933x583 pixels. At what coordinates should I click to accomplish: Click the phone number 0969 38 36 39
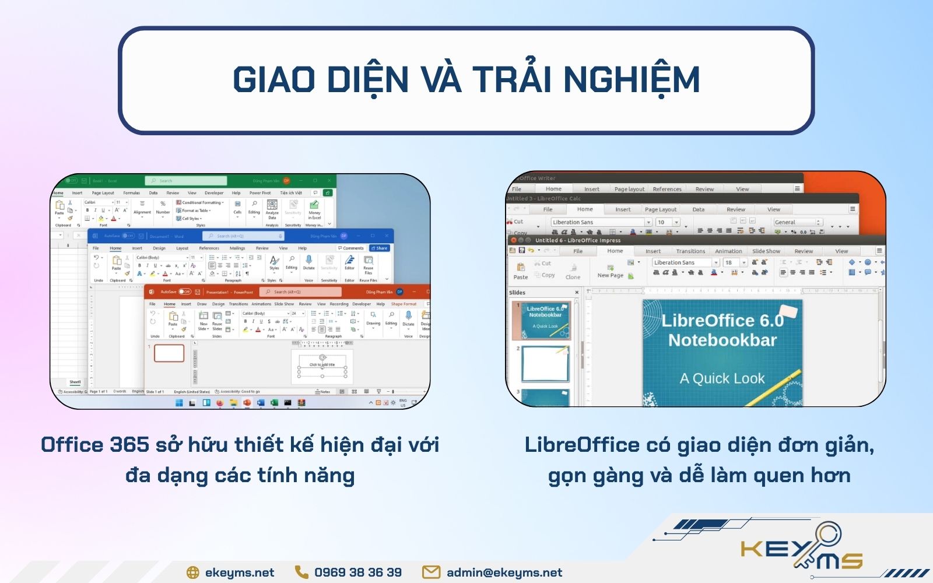[357, 573]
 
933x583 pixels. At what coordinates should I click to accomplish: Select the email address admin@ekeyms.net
[504, 573]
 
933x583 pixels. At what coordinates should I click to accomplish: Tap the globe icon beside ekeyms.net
[192, 573]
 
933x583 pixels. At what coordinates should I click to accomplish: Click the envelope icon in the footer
[431, 573]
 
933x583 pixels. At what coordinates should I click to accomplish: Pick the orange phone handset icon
[301, 573]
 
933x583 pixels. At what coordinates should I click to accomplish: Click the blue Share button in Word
[380, 248]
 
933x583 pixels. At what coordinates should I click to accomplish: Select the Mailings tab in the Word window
[237, 248]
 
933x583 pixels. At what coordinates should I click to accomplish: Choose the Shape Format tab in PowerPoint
[404, 304]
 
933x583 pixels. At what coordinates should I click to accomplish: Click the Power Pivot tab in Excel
[260, 193]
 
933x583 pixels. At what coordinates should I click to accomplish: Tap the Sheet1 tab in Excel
[75, 382]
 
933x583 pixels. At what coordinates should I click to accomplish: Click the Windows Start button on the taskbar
[179, 403]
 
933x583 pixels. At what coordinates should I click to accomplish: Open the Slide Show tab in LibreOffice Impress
[766, 251]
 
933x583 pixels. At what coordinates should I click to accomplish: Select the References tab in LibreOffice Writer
[667, 189]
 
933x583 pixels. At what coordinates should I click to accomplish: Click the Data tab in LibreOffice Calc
[698, 209]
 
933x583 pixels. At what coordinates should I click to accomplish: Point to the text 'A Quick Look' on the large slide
[722, 379]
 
